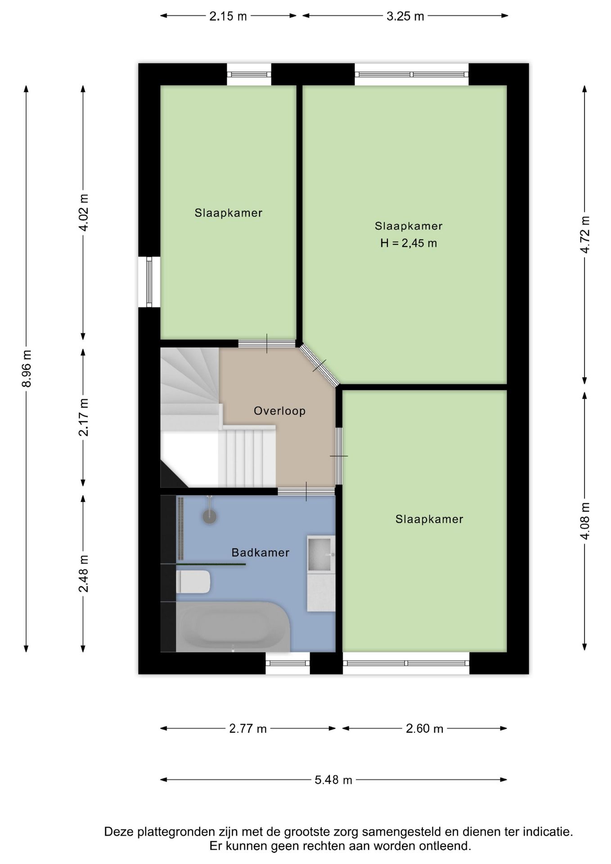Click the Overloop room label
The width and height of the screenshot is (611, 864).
pos(279,411)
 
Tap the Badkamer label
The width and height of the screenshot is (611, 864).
pos(260,553)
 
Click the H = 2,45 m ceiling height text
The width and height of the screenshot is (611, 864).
pos(409,243)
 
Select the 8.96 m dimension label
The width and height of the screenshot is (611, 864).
pos(27,369)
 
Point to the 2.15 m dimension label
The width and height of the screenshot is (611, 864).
pos(228,16)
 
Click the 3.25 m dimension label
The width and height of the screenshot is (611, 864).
pos(405,16)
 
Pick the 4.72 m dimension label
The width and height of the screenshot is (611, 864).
pos(584,234)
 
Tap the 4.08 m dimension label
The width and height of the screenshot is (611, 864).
pos(584,521)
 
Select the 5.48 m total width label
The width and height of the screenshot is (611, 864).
pos(333,780)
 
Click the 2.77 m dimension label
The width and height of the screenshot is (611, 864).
pos(248,729)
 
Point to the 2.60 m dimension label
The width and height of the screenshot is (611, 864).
pos(425,729)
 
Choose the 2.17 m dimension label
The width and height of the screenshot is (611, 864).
pos(84,417)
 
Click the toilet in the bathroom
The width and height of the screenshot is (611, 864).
pos(193,582)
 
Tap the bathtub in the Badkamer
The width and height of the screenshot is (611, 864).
pos(233,627)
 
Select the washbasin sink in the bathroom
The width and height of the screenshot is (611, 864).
pos(321,554)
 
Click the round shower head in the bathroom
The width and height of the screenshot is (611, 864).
pos(210,516)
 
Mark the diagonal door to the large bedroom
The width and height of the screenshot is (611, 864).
pos(319,365)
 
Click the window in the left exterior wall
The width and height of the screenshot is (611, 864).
pos(149,282)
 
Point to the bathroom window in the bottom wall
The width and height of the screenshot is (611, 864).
pos(288,663)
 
